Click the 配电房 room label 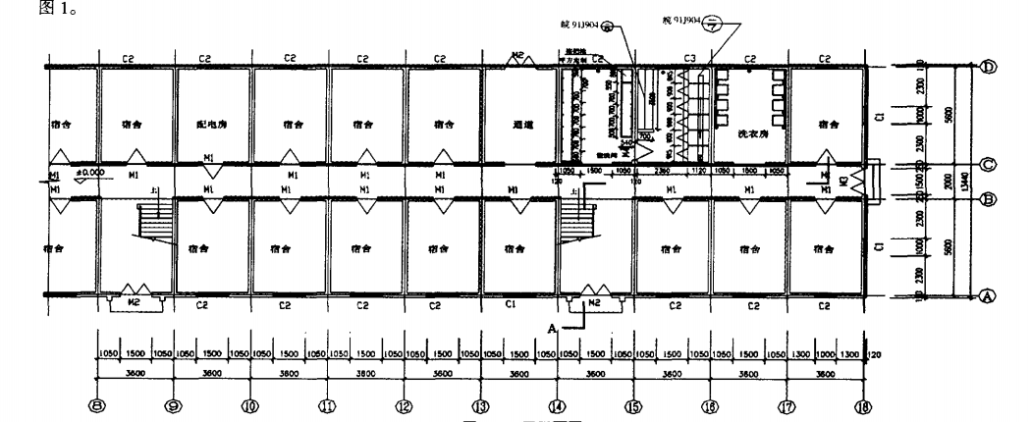pyautogui.click(x=213, y=125)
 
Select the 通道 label pyautogui.click(x=523, y=125)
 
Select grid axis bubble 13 pyautogui.click(x=480, y=405)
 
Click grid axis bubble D pyautogui.click(x=990, y=67)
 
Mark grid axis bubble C pyautogui.click(x=990, y=164)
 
